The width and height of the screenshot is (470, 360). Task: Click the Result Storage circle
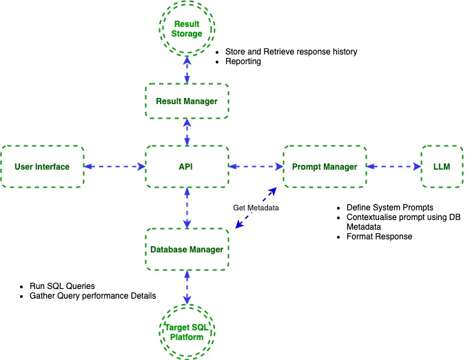[187, 29]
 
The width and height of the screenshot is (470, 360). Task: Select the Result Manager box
[187, 101]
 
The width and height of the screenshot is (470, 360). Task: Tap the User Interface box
[42, 166]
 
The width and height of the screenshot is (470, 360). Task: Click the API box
[187, 166]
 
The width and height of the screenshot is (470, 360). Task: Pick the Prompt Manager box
[325, 166]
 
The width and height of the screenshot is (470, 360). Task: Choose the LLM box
[442, 166]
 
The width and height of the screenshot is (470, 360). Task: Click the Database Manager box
[187, 249]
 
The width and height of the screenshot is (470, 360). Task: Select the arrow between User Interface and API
[114, 166]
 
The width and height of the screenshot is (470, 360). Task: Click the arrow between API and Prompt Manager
[256, 166]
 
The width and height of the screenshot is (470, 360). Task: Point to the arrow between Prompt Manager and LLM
[394, 166]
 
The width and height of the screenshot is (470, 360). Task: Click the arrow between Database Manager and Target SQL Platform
[187, 286]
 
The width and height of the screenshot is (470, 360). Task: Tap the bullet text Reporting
[243, 62]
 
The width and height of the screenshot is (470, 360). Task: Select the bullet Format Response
[378, 237]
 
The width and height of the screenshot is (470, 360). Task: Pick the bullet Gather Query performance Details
[92, 295]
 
